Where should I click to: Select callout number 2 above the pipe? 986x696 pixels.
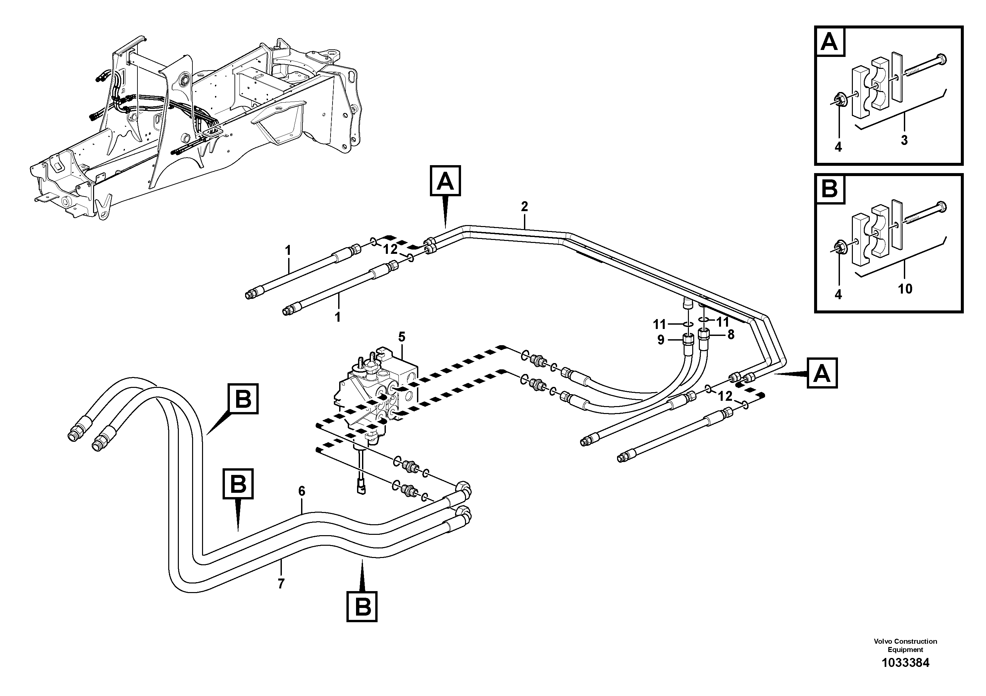click(x=524, y=207)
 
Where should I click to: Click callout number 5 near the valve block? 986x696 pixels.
click(x=401, y=337)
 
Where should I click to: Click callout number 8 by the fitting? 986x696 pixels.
click(x=731, y=334)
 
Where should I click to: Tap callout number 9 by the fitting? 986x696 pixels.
click(x=660, y=340)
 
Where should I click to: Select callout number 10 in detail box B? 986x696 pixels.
click(x=905, y=289)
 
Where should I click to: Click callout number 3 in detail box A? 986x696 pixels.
click(x=904, y=140)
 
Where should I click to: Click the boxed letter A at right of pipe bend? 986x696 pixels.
click(x=822, y=373)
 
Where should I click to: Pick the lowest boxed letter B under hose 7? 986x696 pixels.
click(x=362, y=607)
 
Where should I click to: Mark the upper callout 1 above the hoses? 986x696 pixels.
click(x=288, y=250)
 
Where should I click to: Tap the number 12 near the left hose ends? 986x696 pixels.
click(x=390, y=249)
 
